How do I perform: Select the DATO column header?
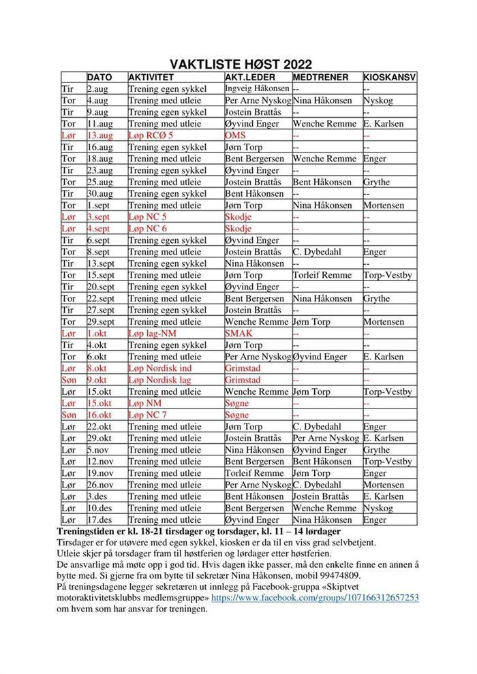coord(99,77)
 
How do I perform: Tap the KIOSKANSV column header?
coord(389,77)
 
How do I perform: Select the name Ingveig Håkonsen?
coord(256,89)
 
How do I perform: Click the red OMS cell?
coord(235,135)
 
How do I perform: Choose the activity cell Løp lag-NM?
coord(153,334)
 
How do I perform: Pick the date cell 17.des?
coord(99,519)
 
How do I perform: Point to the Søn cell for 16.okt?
coord(69,415)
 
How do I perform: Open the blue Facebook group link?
coord(315,597)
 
